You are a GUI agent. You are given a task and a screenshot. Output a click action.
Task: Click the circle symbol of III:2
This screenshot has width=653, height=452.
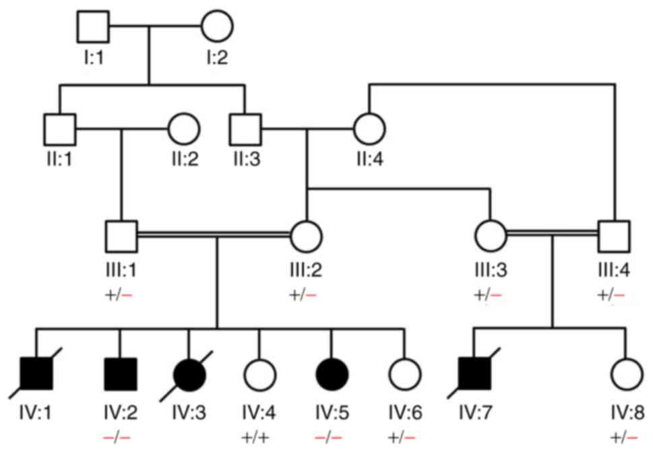[x=307, y=235]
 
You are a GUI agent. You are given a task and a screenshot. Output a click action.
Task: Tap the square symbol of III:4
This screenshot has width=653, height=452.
[x=614, y=235]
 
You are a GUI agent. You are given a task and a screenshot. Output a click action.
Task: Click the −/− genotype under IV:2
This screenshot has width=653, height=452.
[x=120, y=434]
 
